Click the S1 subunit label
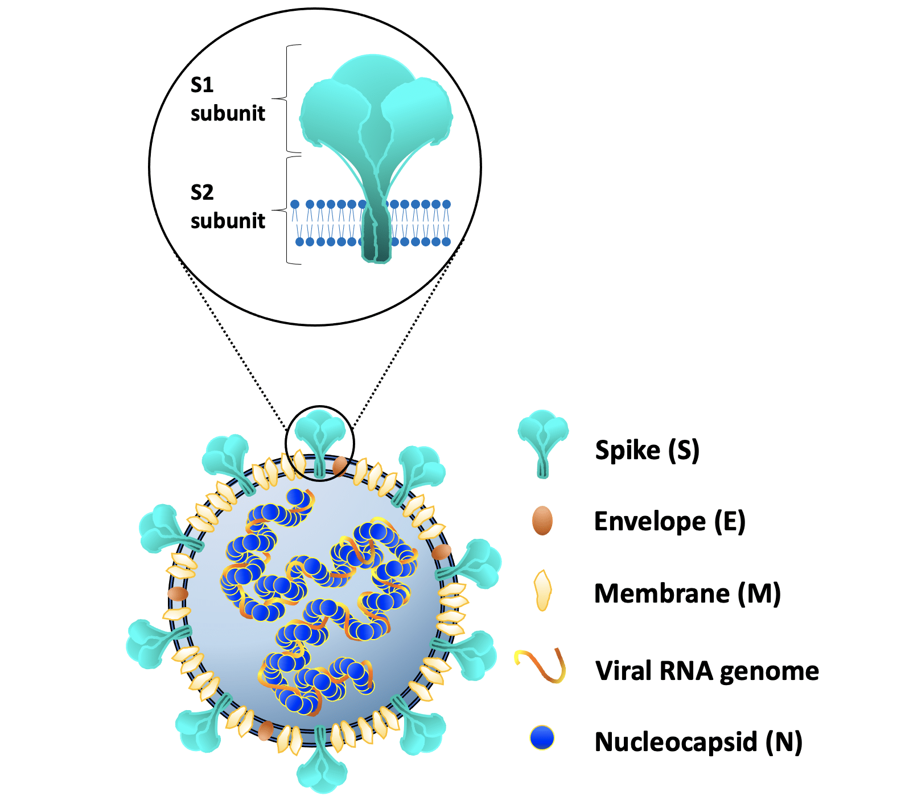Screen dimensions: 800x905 (227, 99)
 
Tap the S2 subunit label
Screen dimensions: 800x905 (227, 207)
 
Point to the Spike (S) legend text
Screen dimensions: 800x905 (647, 450)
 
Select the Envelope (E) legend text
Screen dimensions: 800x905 (669, 521)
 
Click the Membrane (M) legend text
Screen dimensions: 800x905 (687, 593)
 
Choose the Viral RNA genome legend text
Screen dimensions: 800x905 (707, 671)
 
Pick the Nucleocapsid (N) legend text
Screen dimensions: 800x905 (698, 742)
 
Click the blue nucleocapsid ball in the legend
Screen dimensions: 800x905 (542, 738)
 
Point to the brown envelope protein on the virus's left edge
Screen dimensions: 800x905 (178, 593)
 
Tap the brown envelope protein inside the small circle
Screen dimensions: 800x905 (340, 465)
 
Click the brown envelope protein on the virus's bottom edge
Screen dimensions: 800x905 (265, 730)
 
